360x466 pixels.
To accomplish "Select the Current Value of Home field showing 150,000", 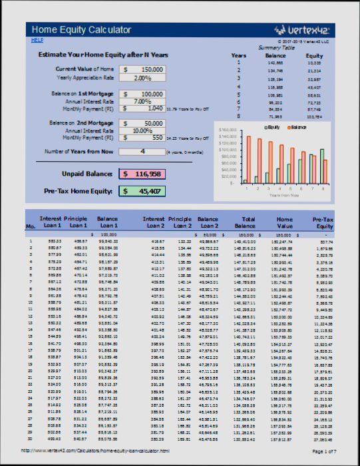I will [x=142, y=69].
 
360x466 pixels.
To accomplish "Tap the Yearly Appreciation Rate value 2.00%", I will [x=142, y=78].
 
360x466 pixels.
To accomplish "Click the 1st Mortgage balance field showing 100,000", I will [x=142, y=95].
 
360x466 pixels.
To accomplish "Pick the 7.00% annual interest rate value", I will [x=142, y=101].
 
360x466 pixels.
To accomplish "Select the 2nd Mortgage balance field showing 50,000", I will [x=142, y=124].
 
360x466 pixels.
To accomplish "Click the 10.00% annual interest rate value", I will [x=142, y=130].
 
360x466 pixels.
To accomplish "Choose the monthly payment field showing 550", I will [x=142, y=138].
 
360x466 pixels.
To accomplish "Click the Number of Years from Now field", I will [x=142, y=152].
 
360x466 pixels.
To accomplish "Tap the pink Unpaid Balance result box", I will [x=142, y=174].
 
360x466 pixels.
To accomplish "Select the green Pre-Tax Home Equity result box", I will [x=142, y=191].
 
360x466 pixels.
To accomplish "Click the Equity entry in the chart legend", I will [x=272, y=126].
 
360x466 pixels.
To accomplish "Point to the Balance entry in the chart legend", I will [x=296, y=126].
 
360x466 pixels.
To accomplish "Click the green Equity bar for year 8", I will [x=321, y=166].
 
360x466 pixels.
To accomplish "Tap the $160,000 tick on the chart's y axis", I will [x=228, y=130].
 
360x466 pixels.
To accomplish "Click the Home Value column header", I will [x=284, y=222].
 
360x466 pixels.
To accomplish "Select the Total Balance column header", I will [x=248, y=222].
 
